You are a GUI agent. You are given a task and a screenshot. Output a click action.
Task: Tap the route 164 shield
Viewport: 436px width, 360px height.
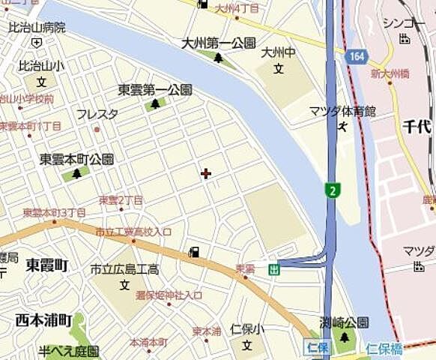point(357,56)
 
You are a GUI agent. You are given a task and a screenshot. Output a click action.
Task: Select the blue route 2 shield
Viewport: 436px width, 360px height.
point(331,190)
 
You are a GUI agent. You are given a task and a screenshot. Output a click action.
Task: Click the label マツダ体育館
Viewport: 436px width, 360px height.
point(342,111)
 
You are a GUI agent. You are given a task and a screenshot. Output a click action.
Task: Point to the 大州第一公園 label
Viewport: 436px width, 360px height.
point(218,43)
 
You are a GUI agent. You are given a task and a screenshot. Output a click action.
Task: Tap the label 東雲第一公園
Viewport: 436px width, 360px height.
point(155,90)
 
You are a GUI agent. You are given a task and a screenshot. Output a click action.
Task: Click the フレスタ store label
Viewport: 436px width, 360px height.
point(97,115)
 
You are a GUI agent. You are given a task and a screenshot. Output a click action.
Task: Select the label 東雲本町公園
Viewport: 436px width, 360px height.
point(76,160)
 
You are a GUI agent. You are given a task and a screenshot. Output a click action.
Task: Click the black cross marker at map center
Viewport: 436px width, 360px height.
point(206,174)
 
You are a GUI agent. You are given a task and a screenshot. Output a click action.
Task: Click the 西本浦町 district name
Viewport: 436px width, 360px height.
point(43,320)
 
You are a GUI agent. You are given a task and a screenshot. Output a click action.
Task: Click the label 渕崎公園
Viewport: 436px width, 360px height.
point(344,323)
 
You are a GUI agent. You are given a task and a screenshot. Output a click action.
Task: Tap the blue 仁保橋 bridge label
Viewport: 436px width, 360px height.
point(385,348)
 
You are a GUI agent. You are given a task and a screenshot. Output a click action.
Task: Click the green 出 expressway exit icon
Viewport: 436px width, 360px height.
point(274,269)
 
